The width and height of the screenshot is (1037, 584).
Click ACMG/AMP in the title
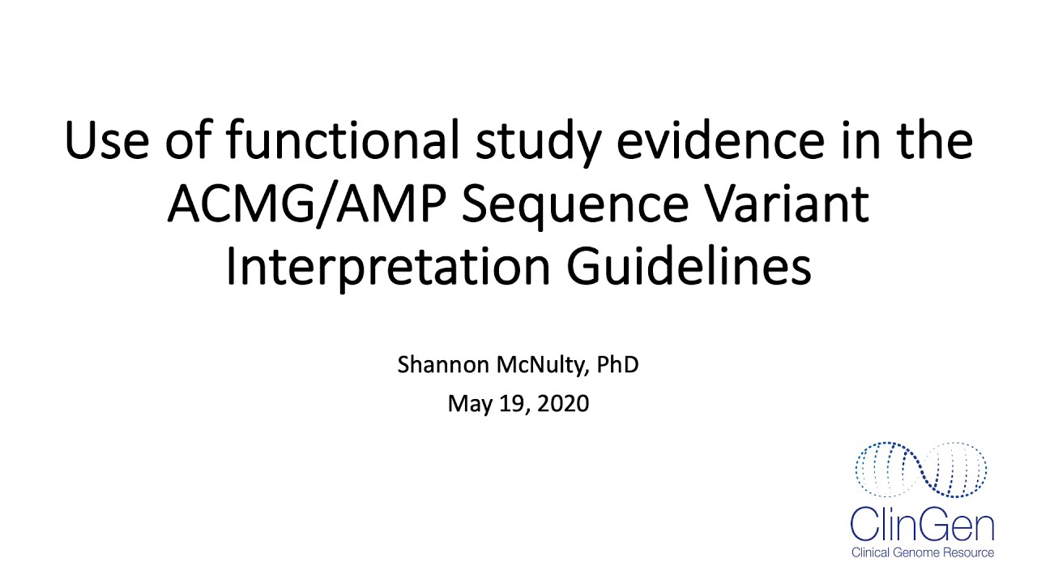(x=306, y=204)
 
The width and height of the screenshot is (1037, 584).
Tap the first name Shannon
(x=443, y=365)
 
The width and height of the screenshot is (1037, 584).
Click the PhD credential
(x=617, y=365)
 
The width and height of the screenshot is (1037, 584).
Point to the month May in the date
(x=467, y=403)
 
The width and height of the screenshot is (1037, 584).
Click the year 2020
(x=564, y=403)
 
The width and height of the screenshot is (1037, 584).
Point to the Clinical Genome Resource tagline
(x=922, y=553)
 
